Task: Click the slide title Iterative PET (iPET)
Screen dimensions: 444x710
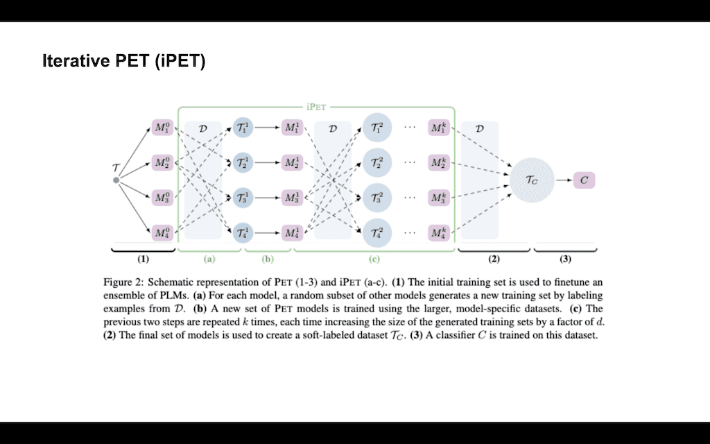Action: tap(124, 62)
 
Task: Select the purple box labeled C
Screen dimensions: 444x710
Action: tap(585, 180)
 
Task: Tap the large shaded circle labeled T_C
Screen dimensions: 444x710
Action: tap(531, 180)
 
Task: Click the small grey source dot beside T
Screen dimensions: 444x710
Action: tap(116, 180)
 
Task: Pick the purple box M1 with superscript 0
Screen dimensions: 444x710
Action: tap(162, 129)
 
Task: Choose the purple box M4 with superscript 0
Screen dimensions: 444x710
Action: tap(162, 232)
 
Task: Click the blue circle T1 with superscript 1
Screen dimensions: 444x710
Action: tap(242, 129)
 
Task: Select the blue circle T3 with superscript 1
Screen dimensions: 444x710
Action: tap(242, 197)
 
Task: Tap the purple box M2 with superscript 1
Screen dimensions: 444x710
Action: tap(292, 163)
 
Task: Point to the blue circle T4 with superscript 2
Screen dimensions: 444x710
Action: tap(377, 232)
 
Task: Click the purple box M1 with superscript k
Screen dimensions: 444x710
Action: tap(438, 129)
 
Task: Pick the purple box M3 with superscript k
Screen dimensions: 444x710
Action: tap(438, 197)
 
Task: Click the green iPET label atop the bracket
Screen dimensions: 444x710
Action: tap(316, 108)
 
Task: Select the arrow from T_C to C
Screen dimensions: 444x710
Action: tap(562, 180)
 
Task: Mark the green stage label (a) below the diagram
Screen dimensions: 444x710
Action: tap(209, 259)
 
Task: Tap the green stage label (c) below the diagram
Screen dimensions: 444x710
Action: tap(374, 259)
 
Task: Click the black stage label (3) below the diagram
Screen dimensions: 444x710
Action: tap(565, 259)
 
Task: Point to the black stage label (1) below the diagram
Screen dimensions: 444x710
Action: tap(143, 259)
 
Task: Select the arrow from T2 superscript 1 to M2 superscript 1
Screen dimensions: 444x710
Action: tap(266, 163)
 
